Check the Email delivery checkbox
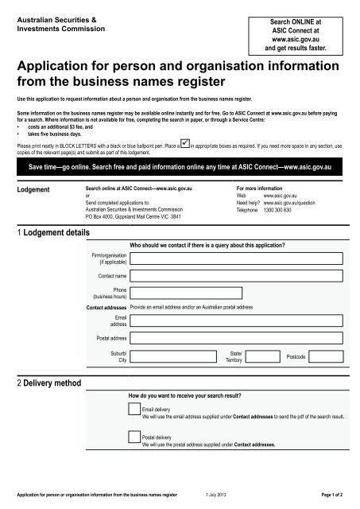134,409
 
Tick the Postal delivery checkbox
134,436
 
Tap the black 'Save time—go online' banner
180,169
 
